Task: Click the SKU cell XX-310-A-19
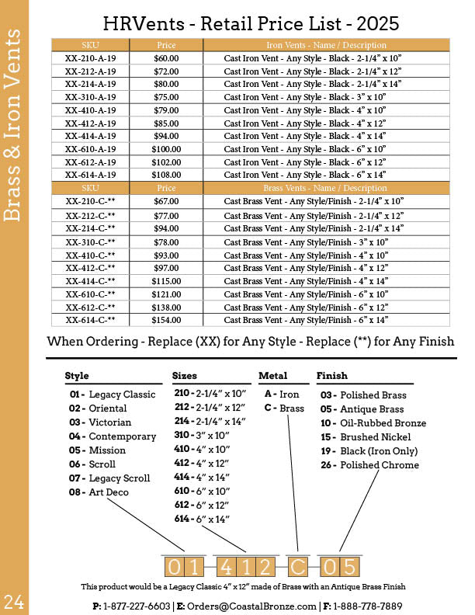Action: click(91, 97)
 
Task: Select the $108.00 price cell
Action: click(166, 175)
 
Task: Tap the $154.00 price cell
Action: click(166, 320)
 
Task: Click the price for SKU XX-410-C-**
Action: click(166, 255)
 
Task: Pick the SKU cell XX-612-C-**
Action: click(91, 307)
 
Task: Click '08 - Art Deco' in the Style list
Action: click(99, 492)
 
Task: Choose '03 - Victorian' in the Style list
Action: click(100, 422)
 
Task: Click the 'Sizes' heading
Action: click(185, 376)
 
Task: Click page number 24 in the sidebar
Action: click(15, 600)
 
